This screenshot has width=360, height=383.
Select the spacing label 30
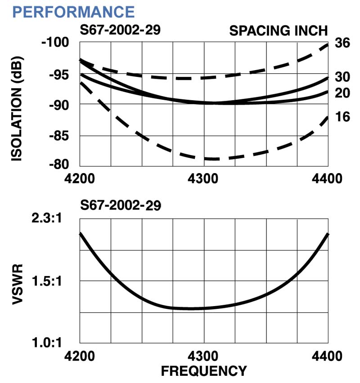(343, 77)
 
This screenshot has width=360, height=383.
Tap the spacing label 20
(343, 93)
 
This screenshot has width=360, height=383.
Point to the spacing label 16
(343, 117)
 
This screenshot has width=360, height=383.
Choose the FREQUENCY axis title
(204, 371)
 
